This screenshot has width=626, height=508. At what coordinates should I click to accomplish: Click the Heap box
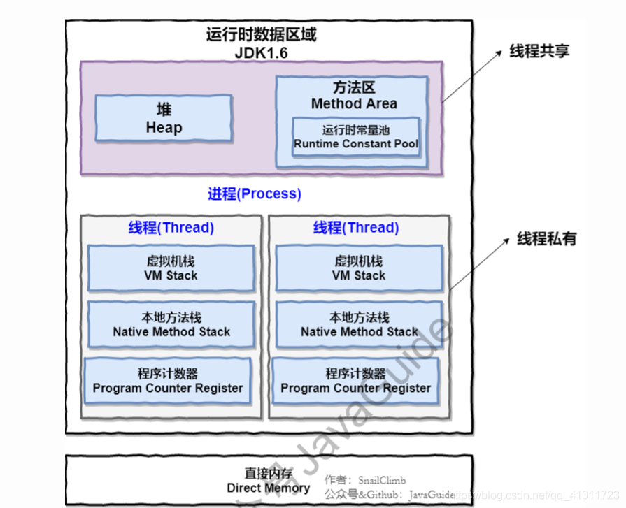pyautogui.click(x=164, y=119)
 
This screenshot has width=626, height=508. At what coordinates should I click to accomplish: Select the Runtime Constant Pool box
pyautogui.click(x=356, y=137)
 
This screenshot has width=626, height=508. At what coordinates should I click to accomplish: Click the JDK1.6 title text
pyautogui.click(x=261, y=52)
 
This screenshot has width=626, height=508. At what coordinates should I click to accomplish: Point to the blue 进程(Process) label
pyautogui.click(x=255, y=194)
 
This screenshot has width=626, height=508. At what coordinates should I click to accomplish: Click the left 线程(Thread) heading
pyautogui.click(x=171, y=228)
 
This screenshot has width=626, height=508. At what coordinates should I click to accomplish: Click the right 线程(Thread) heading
pyautogui.click(x=356, y=228)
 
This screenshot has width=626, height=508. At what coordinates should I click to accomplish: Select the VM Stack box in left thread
pyautogui.click(x=171, y=268)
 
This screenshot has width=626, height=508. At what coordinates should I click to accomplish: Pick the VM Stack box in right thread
pyautogui.click(x=359, y=268)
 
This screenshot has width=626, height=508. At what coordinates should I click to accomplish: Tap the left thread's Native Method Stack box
pyautogui.click(x=171, y=325)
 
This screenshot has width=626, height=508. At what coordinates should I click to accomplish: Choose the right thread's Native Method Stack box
pyautogui.click(x=359, y=325)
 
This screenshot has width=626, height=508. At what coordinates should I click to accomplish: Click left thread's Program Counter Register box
pyautogui.click(x=168, y=381)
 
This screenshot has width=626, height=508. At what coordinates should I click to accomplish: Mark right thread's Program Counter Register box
pyautogui.click(x=356, y=381)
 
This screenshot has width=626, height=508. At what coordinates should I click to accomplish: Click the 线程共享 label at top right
pyautogui.click(x=539, y=51)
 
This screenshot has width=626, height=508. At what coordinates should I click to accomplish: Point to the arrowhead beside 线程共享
pyautogui.click(x=497, y=54)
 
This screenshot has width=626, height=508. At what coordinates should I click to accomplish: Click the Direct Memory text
pyautogui.click(x=269, y=488)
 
